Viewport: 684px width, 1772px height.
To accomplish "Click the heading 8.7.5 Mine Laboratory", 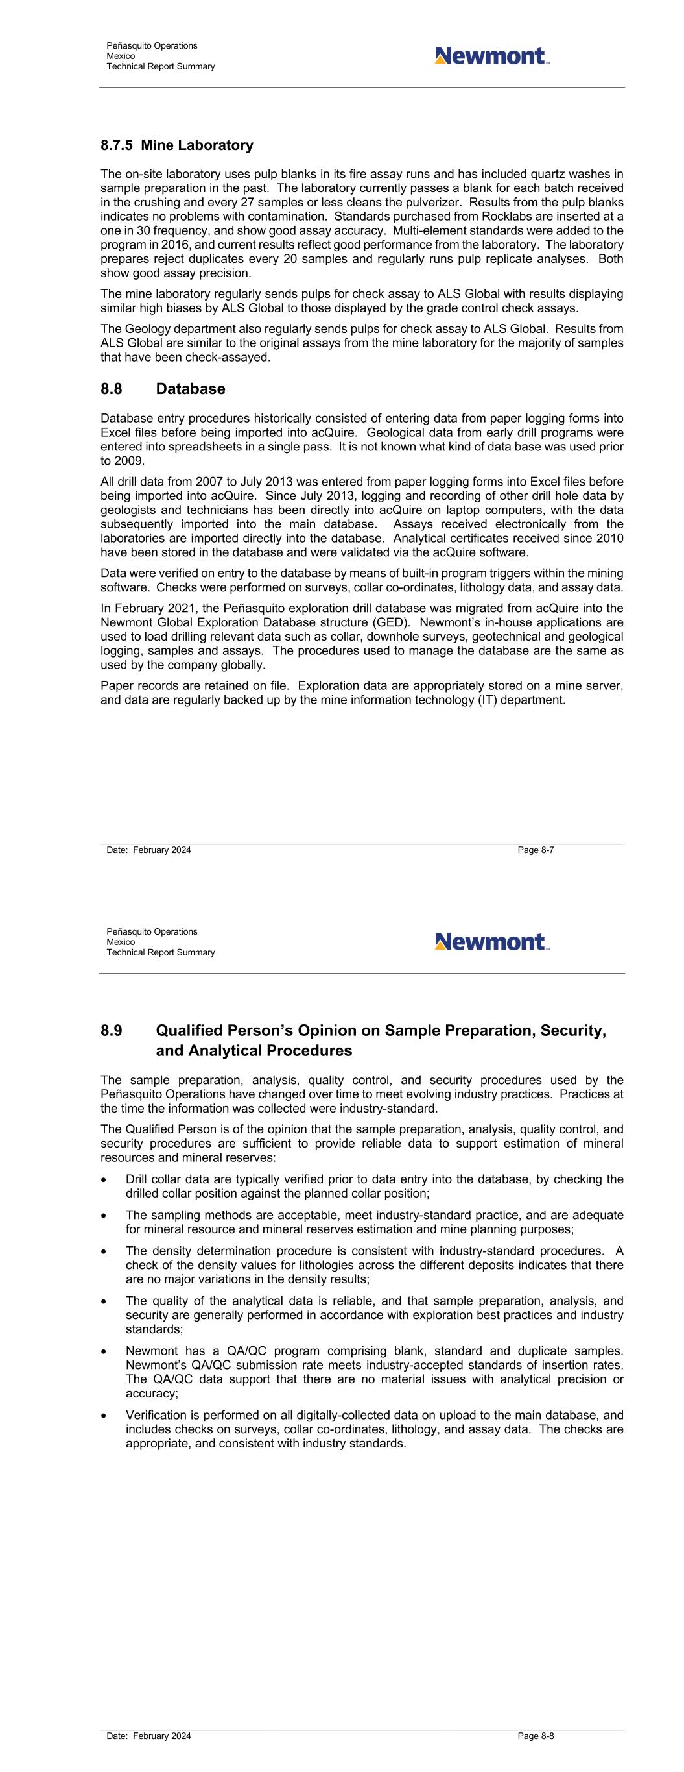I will [176, 145].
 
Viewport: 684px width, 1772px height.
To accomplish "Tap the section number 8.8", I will [112, 389].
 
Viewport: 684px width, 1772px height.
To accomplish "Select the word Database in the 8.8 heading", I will [191, 389].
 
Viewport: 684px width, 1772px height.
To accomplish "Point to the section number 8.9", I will [112, 1031].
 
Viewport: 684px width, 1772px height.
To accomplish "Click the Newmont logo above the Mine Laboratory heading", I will [491, 56].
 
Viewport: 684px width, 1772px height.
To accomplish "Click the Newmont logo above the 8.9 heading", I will [491, 942].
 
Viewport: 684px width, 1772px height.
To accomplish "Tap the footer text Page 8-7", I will [536, 850].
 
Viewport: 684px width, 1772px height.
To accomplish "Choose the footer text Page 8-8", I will [536, 1736].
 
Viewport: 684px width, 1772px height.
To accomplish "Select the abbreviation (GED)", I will [392, 622].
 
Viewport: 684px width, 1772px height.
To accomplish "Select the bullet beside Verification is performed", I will [104, 1416].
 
